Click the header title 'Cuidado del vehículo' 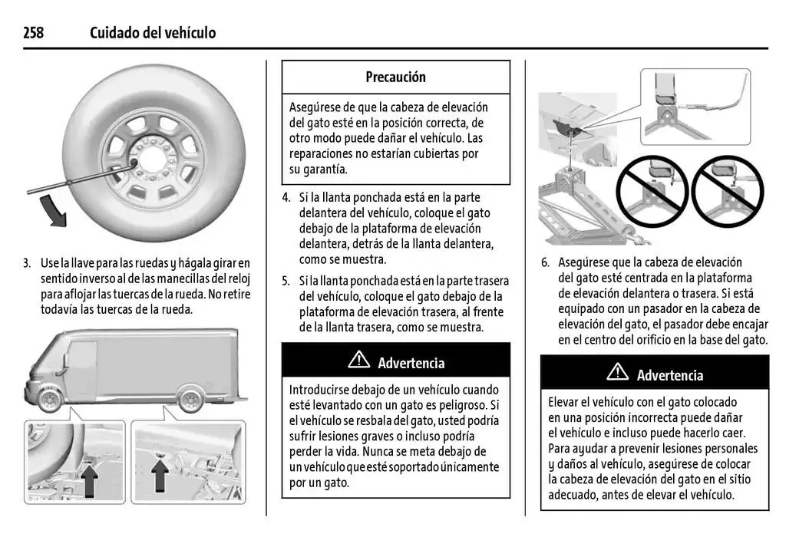[153, 32]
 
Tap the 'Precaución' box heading [395, 77]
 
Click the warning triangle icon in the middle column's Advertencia [358, 361]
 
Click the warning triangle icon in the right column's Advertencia [617, 374]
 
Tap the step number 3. [26, 263]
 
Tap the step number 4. [286, 197]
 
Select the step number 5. [286, 281]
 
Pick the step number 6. [544, 262]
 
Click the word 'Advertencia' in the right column [669, 375]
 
